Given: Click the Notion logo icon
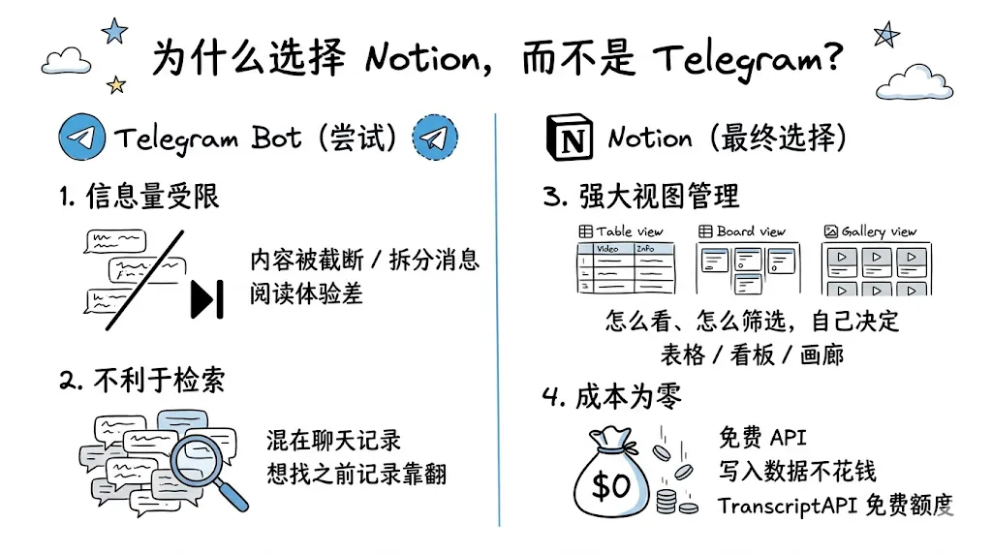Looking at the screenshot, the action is coord(568,138).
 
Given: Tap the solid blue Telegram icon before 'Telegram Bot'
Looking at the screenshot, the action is coord(81,138).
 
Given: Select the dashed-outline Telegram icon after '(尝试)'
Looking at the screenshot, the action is coord(435,138).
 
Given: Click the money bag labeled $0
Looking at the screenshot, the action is coord(610,477).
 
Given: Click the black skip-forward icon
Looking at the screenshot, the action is coord(208,298).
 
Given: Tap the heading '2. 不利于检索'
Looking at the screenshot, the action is coord(141,380).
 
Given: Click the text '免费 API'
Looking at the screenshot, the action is coord(762,438).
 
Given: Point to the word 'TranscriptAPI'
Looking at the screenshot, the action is coord(782,506).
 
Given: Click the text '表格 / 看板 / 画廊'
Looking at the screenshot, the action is coord(752,354).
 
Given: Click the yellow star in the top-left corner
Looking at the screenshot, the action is coord(116,84).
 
